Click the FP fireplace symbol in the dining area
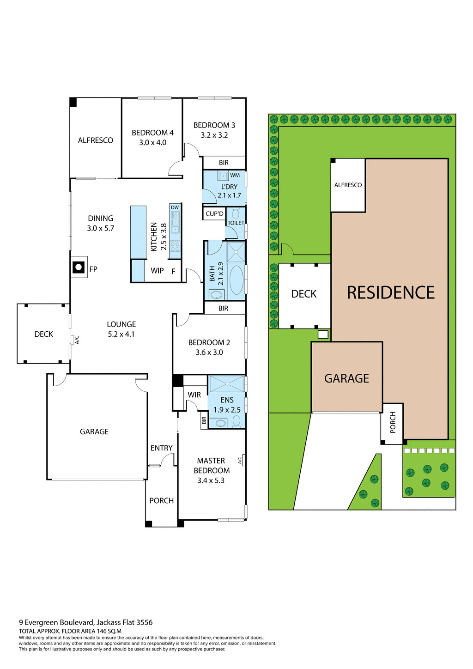point(79,268)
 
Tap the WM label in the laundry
point(235,176)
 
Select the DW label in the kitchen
point(175,207)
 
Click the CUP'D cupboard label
point(214,214)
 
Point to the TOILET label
point(236,223)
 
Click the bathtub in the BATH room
point(236,280)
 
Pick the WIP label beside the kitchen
point(157,271)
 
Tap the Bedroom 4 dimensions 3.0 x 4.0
point(152,143)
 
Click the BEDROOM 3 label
point(214,125)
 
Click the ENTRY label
point(161,448)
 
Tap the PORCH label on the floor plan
point(161,501)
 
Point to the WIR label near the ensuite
point(194,395)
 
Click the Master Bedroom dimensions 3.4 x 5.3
point(211,480)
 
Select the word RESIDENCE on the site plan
point(390,293)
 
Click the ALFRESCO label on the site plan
point(348,185)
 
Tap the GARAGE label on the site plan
point(346,378)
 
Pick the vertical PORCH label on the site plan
point(393,422)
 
